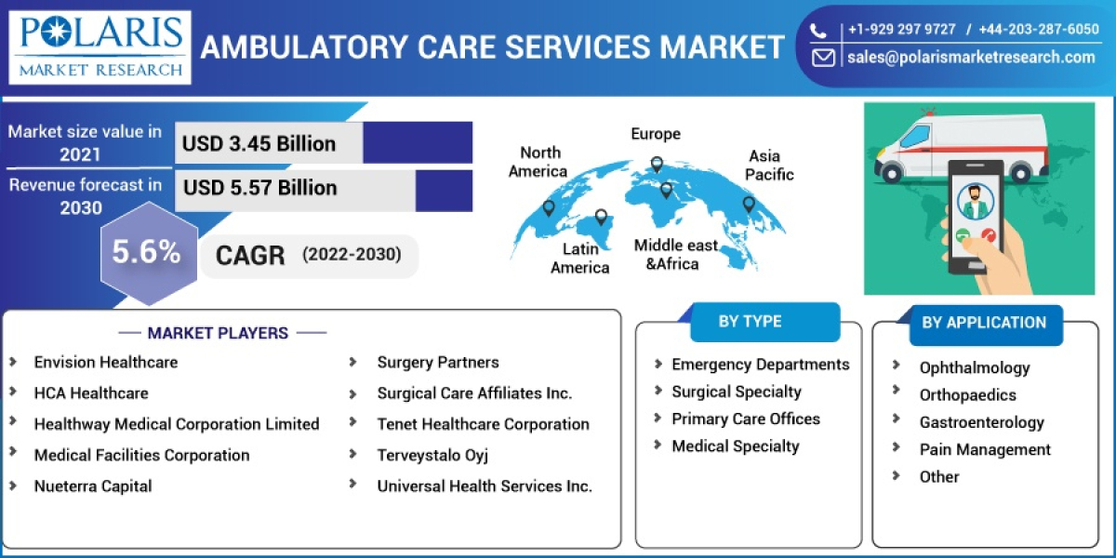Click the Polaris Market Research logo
[100, 46]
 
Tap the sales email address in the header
[971, 58]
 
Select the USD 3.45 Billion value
[259, 143]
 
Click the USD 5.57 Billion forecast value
[260, 188]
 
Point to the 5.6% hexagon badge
[146, 253]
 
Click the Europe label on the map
[656, 134]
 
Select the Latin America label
[580, 259]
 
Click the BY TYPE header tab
[751, 322]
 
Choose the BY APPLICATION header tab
[984, 323]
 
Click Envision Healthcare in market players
[105, 362]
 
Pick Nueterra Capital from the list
[93, 485]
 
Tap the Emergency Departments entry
[761, 364]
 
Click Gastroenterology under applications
[982, 422]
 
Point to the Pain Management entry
[985, 449]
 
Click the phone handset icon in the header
[818, 31]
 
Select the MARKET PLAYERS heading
[219, 333]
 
